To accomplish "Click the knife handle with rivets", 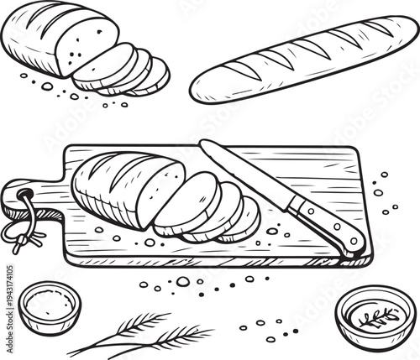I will tap(328, 222).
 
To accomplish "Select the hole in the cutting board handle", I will tap(24, 197).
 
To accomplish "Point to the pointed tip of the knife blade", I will tap(202, 143).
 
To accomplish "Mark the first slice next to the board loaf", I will tap(185, 201).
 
